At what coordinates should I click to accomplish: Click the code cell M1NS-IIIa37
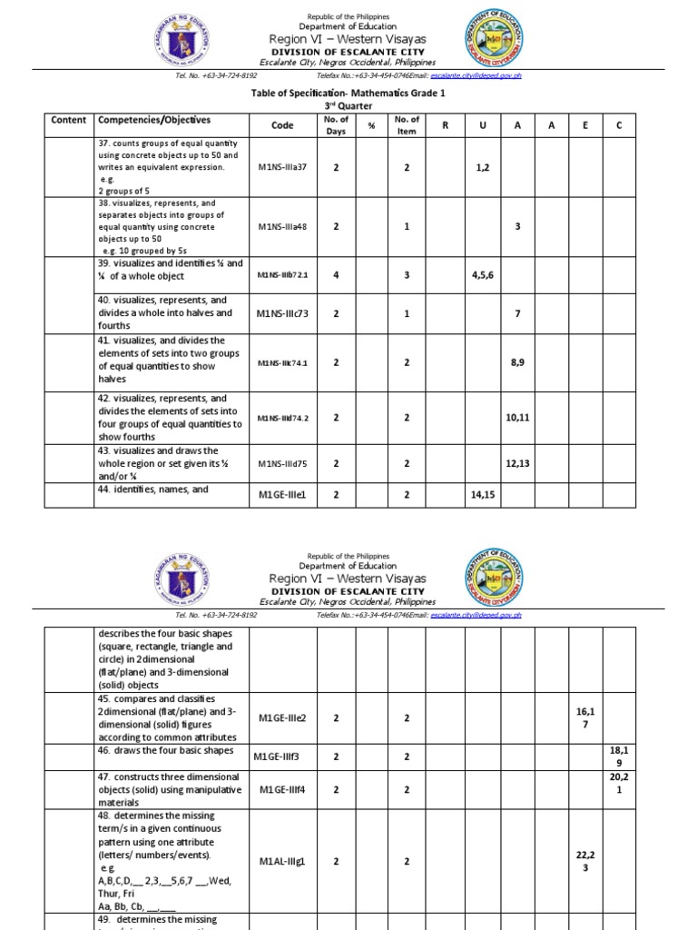282,168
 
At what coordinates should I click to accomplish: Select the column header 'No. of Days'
336,125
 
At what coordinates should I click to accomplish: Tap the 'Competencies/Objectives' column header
153,121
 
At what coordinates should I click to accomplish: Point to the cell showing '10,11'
517,417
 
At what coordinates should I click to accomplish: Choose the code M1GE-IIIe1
282,495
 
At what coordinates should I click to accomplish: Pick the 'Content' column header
69,121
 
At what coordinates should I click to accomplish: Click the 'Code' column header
282,126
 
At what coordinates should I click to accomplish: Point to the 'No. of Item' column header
407,125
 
